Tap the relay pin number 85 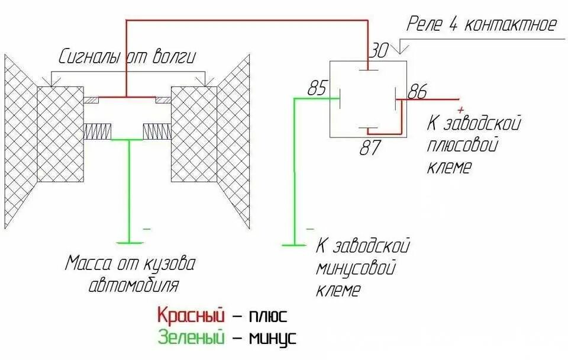tap(317, 89)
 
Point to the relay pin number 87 tap(371, 147)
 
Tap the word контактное tap(511, 25)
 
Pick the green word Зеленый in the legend tap(191, 338)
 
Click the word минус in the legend tap(272, 339)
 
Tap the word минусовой tap(355, 268)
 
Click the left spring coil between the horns tap(98, 131)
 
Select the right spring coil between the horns tap(157, 131)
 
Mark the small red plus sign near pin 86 tap(461, 110)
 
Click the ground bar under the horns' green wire tap(130, 242)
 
